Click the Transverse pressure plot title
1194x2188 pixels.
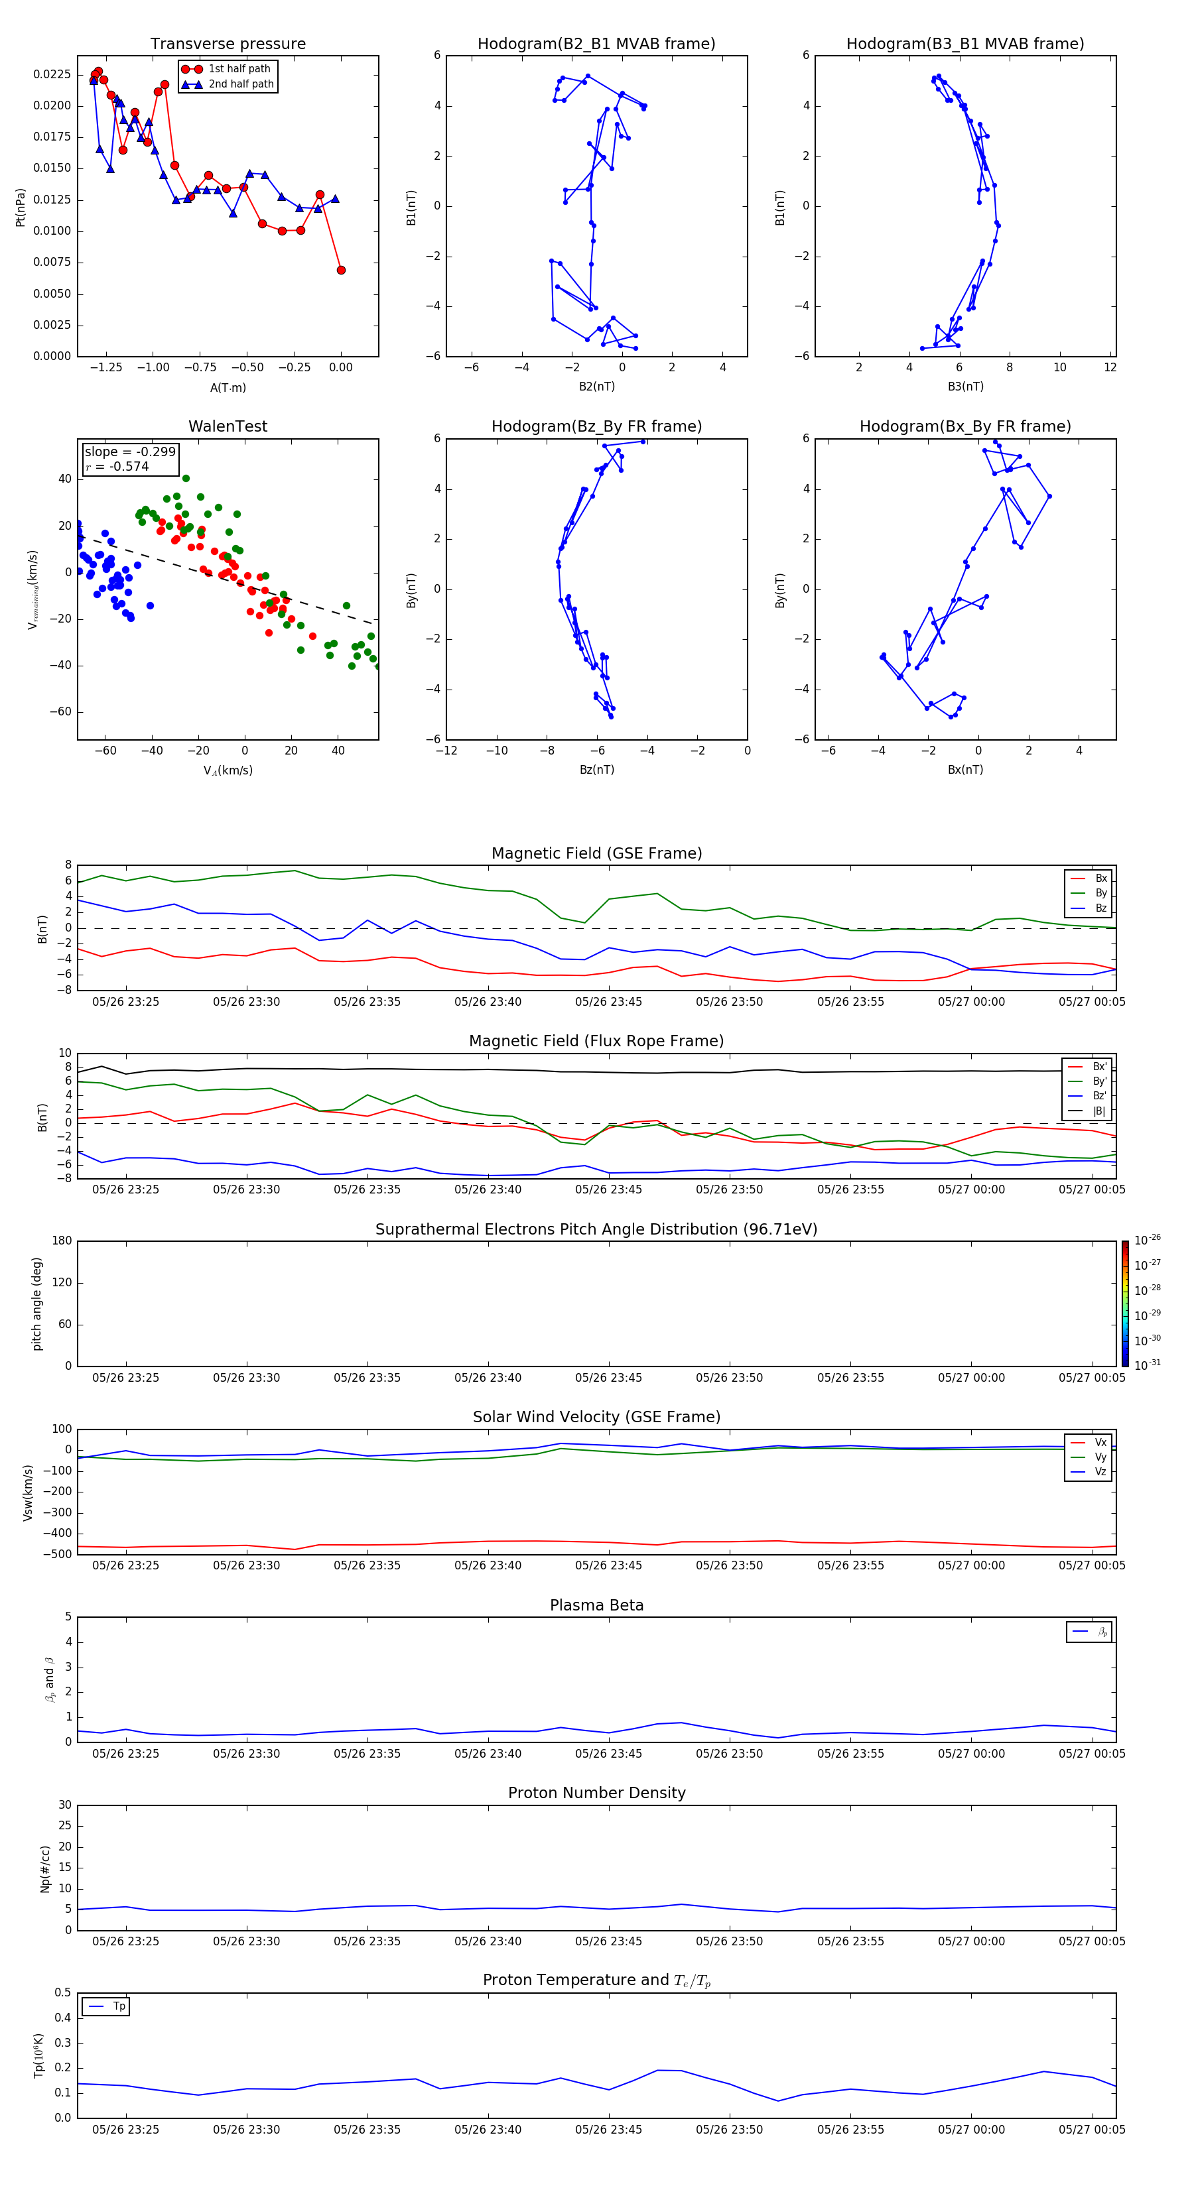click(228, 44)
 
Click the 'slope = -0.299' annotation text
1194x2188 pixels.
click(130, 452)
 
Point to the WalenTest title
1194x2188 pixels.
click(228, 426)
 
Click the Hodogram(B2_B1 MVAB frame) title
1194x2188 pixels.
click(596, 44)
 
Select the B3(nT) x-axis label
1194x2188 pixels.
click(965, 387)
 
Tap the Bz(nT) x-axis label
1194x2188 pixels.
click(596, 770)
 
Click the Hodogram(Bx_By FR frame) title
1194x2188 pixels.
click(964, 426)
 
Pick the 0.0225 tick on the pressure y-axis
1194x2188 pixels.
click(52, 75)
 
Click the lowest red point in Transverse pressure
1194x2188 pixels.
click(341, 270)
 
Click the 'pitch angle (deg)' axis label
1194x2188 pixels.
click(36, 1303)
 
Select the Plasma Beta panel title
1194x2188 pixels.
click(596, 1605)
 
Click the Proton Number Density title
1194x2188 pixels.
click(596, 1793)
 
